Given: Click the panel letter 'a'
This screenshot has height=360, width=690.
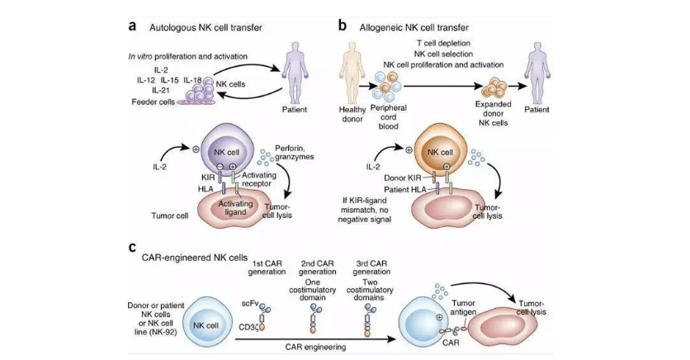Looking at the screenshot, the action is tap(132, 26).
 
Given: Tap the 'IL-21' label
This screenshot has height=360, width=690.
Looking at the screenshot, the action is tap(161, 90).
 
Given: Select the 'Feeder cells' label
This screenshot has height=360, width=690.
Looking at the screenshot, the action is tap(154, 102).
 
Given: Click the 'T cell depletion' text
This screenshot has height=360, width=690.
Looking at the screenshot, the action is tap(443, 43).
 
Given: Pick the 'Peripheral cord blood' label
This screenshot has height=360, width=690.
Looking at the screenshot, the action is tap(388, 117).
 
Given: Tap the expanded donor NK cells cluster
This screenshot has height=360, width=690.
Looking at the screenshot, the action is tap(494, 88).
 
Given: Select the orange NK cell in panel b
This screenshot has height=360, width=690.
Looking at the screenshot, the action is tap(440, 150).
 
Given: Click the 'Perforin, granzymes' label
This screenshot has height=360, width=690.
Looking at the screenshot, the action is tap(294, 152).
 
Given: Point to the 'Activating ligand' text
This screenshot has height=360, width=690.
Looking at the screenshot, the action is tap(235, 208).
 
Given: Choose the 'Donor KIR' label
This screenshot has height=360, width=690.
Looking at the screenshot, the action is tap(402, 178).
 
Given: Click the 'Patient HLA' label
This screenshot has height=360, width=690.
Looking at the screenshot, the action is tap(405, 190).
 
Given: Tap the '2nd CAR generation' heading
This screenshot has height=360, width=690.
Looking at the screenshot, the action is tap(317, 268).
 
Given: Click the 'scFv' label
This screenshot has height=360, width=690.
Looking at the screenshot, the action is tap(249, 304).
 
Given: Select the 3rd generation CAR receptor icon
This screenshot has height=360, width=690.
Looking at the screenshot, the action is tap(368, 320).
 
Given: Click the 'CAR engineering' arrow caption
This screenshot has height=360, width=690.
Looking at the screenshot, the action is tap(315, 347).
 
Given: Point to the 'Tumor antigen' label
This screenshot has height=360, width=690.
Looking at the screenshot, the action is tap(463, 308).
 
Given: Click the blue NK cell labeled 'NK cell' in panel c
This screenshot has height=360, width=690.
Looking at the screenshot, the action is tap(207, 325).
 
